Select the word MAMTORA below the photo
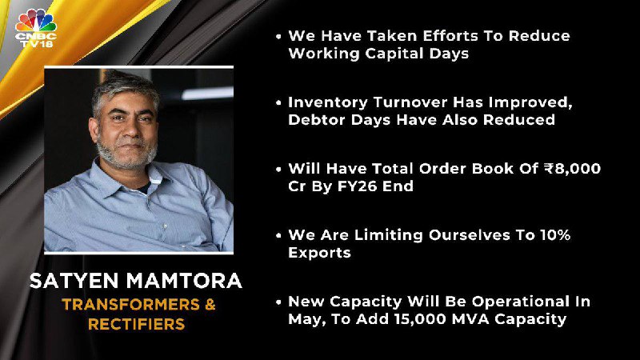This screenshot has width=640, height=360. (x=184, y=281)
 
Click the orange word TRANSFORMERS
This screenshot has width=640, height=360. (x=130, y=305)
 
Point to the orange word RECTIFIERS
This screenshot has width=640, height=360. (x=136, y=324)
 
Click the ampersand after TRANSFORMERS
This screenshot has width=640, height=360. (x=210, y=305)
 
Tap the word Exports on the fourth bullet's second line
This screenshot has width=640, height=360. (x=319, y=253)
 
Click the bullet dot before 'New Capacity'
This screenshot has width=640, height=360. (x=278, y=302)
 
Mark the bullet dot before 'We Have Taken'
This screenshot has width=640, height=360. (x=278, y=37)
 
